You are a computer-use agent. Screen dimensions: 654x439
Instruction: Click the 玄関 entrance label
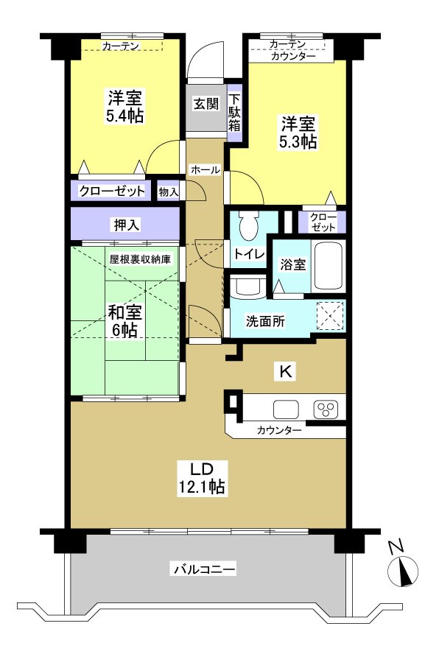tap(206, 104)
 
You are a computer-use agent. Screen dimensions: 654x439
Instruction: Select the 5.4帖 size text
tap(124, 116)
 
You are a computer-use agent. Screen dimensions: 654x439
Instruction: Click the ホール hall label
tap(205, 170)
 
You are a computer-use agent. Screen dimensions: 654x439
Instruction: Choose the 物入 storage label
tap(169, 191)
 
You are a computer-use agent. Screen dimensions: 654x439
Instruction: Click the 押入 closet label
tap(125, 224)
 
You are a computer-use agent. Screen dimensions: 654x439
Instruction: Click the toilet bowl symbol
tap(248, 224)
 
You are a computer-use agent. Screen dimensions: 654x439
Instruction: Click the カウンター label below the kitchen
tap(279, 430)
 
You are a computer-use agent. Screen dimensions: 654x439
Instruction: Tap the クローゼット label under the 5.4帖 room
tap(113, 191)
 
